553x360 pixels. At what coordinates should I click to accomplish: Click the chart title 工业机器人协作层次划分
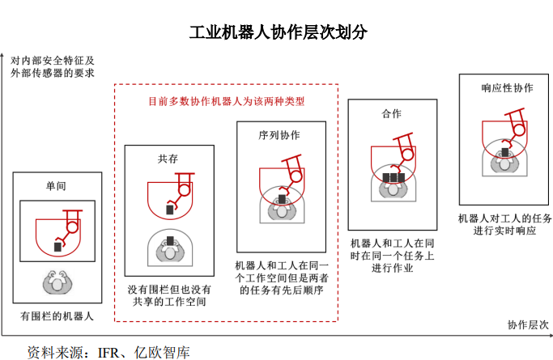tap(279, 32)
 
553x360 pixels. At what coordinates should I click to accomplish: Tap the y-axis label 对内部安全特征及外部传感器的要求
tap(53, 66)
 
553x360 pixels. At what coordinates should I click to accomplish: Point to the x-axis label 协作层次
tap(528, 324)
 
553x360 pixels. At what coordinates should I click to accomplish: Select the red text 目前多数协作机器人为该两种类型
tap(226, 101)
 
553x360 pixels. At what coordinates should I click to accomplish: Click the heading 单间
tap(56, 185)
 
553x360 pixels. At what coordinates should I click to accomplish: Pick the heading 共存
tap(168, 159)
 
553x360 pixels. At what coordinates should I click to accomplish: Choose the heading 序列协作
tap(279, 135)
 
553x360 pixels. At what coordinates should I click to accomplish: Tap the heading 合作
tap(392, 113)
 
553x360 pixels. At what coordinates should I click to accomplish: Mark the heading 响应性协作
tap(507, 87)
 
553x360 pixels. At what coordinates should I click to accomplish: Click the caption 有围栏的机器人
tap(57, 316)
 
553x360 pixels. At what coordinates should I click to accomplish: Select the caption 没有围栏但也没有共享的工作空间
tap(169, 295)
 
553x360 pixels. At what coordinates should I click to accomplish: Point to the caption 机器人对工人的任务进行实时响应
tap(504, 224)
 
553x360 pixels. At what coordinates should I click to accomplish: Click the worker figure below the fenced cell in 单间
tap(57, 282)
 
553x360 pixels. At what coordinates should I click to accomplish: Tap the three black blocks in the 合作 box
tap(393, 177)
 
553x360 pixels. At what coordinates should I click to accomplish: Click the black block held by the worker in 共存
tap(170, 240)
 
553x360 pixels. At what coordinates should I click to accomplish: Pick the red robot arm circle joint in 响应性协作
tap(518, 130)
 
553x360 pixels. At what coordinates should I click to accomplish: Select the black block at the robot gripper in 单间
tap(57, 247)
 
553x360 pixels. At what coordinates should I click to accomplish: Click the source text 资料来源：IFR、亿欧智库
tap(108, 352)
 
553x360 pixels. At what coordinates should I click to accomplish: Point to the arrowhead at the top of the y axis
tap(2, 55)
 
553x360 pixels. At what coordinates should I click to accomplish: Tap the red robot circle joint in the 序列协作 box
tap(296, 176)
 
